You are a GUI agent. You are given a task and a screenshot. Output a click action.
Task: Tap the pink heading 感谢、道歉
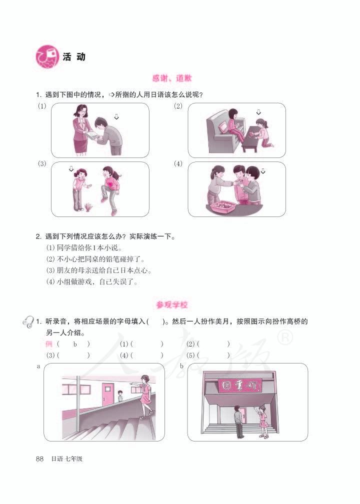click(x=172, y=78)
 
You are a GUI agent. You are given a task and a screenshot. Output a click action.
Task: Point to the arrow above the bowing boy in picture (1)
click(x=116, y=116)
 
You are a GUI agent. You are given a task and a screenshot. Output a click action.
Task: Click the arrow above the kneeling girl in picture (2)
click(x=258, y=112)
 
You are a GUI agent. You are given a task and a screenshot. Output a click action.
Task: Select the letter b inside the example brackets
click(x=75, y=344)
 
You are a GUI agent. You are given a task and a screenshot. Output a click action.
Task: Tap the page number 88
click(x=41, y=458)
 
